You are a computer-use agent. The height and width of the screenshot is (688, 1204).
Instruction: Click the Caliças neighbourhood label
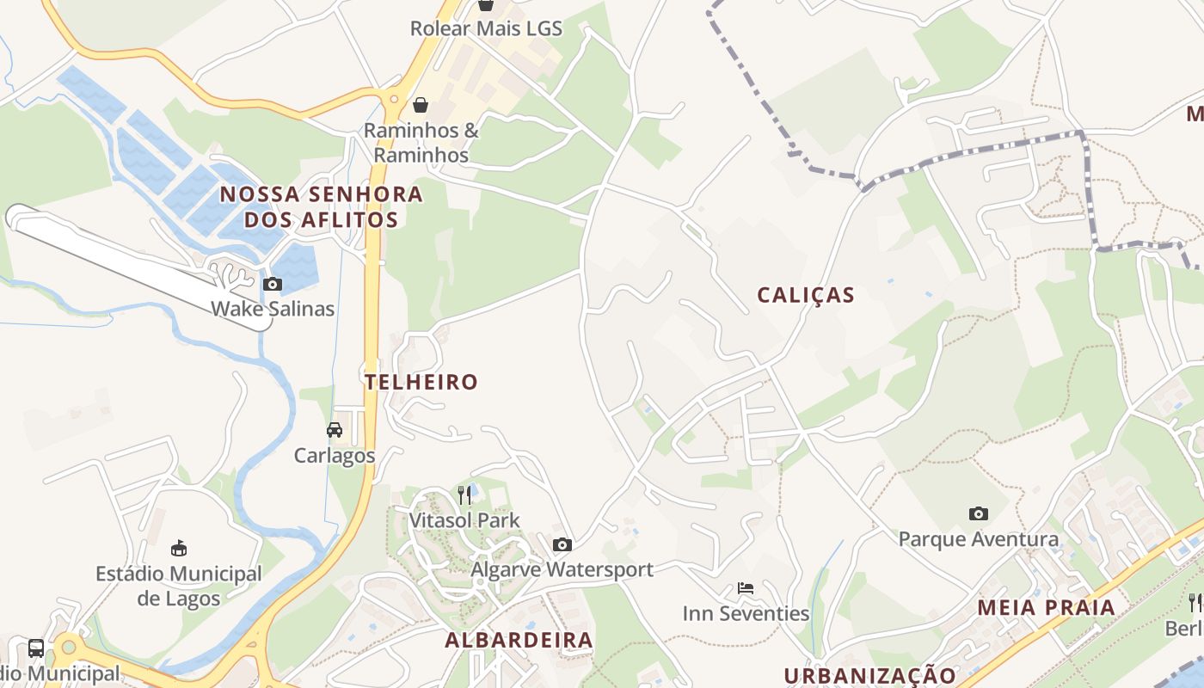pyautogui.click(x=806, y=295)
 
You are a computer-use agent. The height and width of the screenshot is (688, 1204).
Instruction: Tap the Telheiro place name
pyautogui.click(x=421, y=382)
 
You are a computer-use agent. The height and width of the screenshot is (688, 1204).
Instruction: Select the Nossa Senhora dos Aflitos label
pyautogui.click(x=322, y=206)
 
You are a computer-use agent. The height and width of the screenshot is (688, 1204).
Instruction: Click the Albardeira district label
pyautogui.click(x=519, y=640)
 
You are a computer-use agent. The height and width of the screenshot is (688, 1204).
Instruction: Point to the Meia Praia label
pyautogui.click(x=1046, y=607)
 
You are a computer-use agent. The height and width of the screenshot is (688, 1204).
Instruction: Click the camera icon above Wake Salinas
pyautogui.click(x=273, y=284)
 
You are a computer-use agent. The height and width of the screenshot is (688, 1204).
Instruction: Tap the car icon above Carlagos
pyautogui.click(x=335, y=430)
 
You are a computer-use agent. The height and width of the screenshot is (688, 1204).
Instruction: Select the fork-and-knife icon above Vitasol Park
pyautogui.click(x=464, y=494)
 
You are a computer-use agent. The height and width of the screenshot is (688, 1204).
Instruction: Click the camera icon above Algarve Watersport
pyautogui.click(x=562, y=544)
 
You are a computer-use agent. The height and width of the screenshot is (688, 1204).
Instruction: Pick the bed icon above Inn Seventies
pyautogui.click(x=746, y=588)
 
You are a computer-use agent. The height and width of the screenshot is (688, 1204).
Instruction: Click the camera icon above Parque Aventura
pyautogui.click(x=979, y=513)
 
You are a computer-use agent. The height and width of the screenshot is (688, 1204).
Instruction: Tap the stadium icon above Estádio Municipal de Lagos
pyautogui.click(x=179, y=548)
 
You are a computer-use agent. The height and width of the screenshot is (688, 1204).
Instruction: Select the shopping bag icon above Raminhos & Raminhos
pyautogui.click(x=421, y=105)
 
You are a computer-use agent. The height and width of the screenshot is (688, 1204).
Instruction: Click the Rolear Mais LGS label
pyautogui.click(x=486, y=28)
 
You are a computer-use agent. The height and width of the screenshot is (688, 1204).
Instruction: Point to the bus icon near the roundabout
pyautogui.click(x=36, y=648)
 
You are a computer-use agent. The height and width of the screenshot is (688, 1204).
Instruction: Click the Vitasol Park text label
pyautogui.click(x=464, y=520)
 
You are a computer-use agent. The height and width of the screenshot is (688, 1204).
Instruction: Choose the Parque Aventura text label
pyautogui.click(x=979, y=539)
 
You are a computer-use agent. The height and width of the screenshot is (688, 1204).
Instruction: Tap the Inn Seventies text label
pyautogui.click(x=746, y=613)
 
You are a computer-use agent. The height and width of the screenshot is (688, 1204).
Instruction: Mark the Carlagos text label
pyautogui.click(x=335, y=455)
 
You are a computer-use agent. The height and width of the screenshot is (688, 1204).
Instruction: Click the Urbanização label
pyautogui.click(x=869, y=675)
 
